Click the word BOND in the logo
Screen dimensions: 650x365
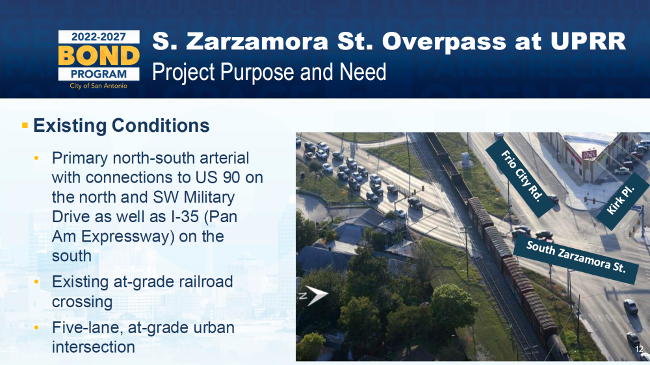coord(99,55)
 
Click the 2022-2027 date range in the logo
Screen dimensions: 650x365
coord(99,37)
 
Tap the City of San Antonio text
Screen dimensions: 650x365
coord(99,86)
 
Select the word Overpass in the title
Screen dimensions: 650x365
coord(444,42)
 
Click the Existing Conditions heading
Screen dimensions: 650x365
coord(121,125)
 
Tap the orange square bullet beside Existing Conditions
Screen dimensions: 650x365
coord(25,125)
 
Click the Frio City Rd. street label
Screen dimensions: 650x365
coord(521,176)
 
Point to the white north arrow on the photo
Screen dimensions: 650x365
coord(313,296)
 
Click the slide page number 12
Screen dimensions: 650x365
coord(639,349)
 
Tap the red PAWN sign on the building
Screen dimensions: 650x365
coord(589,155)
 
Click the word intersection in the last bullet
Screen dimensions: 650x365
coord(93,347)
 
